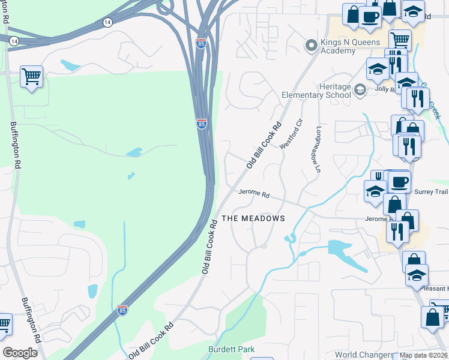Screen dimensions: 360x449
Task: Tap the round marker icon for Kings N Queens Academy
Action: click(311, 45)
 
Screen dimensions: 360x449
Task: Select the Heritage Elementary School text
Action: click(317, 91)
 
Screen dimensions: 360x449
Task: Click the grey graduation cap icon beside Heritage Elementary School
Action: click(360, 91)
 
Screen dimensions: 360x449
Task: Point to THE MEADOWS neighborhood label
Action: click(253, 219)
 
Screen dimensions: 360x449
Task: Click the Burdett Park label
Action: click(231, 349)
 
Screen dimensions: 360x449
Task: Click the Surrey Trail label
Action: click(431, 192)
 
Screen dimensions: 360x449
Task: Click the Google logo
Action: click(20, 352)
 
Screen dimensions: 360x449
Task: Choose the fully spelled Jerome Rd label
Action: click(255, 193)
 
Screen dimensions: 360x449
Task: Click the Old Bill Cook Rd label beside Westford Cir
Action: click(264, 146)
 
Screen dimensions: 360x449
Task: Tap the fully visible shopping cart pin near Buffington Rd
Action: click(31, 77)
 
